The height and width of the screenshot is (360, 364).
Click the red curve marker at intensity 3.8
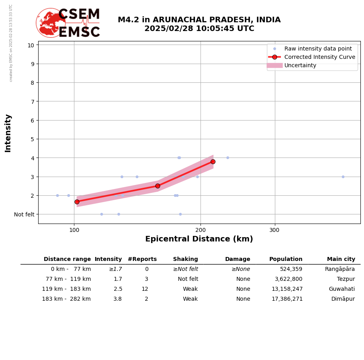pyautogui.click(x=213, y=162)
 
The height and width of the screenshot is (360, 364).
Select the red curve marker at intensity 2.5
pyautogui.click(x=158, y=186)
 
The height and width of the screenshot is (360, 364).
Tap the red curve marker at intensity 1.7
pyautogui.click(x=77, y=202)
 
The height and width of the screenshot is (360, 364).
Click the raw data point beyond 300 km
pyautogui.click(x=343, y=177)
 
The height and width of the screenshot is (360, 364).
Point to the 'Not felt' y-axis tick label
pyautogui.click(x=24, y=214)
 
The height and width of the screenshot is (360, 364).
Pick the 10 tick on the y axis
pyautogui.click(x=31, y=45)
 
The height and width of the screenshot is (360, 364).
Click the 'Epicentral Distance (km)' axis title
pyautogui.click(x=199, y=239)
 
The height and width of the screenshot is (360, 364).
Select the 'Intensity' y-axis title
pyautogui.click(x=8, y=133)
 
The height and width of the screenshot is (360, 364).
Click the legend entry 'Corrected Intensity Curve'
pyautogui.click(x=319, y=57)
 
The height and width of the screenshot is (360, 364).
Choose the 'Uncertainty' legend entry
pyautogui.click(x=300, y=65)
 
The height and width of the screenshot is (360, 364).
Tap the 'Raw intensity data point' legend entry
pyautogui.click(x=318, y=49)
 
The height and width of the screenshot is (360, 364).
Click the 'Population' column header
pyautogui.click(x=286, y=259)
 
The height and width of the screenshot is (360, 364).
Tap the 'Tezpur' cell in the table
pyautogui.click(x=346, y=279)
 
